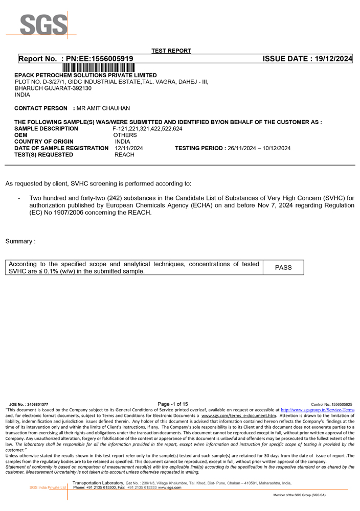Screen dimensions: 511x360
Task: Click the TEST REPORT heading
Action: (x=171, y=51)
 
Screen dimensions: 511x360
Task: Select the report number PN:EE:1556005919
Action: (x=97, y=59)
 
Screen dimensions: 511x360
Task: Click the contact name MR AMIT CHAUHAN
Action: (x=103, y=108)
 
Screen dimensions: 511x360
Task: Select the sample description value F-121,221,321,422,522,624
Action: (x=147, y=129)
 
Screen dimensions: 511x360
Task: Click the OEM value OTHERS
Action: (x=125, y=135)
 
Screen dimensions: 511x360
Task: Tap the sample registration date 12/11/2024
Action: (x=129, y=148)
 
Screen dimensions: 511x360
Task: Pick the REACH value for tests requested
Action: (x=124, y=155)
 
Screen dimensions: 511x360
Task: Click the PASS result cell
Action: (x=283, y=268)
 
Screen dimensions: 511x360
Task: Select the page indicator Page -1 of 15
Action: (x=173, y=404)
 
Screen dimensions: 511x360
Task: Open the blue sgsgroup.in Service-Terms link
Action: (x=318, y=410)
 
